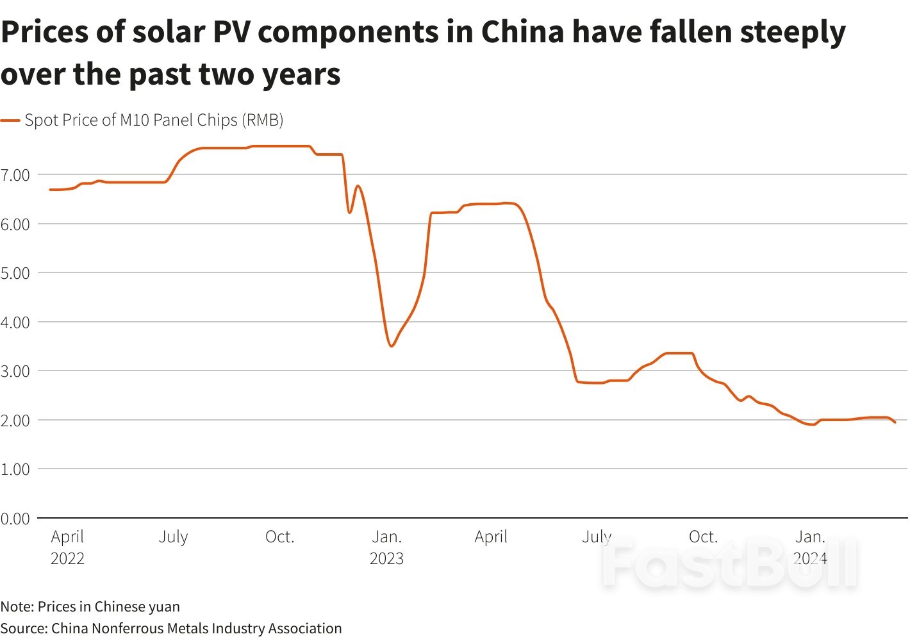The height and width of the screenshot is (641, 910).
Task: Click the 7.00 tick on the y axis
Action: point(15,175)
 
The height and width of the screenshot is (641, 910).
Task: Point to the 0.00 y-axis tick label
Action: point(15,519)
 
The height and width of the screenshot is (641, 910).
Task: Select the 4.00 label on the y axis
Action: point(15,322)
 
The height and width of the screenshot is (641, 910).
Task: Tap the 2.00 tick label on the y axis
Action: point(15,420)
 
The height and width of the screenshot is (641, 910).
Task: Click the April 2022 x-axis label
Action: point(67,547)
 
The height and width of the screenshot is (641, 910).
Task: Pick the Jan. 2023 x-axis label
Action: point(386,547)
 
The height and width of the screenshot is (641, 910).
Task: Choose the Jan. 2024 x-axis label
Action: point(810,547)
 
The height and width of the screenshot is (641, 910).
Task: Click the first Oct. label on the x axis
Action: point(279,537)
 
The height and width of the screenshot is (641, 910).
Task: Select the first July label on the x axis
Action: point(173,537)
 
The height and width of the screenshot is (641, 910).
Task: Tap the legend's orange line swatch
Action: point(10,121)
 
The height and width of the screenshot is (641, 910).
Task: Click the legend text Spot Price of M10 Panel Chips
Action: point(154,121)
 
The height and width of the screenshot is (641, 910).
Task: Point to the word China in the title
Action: point(522,31)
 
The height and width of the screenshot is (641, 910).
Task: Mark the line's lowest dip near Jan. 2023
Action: point(392,346)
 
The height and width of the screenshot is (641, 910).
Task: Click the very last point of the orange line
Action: point(895,422)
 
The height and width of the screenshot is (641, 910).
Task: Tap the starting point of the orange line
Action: point(50,190)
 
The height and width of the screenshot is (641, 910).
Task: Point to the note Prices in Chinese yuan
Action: point(90,606)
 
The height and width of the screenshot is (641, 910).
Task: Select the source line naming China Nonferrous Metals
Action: point(171,628)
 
